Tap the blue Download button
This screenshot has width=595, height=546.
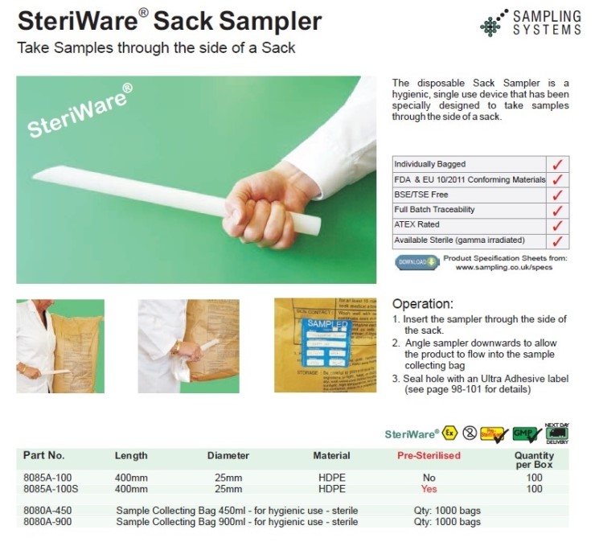coord(416,262)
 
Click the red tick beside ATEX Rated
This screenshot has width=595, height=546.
coord(556,225)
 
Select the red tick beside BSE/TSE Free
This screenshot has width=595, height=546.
coord(556,195)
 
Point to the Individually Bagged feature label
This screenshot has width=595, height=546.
coord(429,164)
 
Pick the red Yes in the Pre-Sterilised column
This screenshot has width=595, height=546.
coord(429,488)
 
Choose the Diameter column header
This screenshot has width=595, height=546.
coord(228,456)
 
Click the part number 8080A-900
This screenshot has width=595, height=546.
coord(49,522)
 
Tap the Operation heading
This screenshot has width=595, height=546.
coord(422,304)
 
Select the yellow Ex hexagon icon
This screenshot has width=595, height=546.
coord(450,433)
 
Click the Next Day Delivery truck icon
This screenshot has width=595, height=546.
coord(556,433)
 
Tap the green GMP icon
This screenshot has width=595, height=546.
coord(525,433)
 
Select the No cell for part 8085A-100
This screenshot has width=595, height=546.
coord(429,478)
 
